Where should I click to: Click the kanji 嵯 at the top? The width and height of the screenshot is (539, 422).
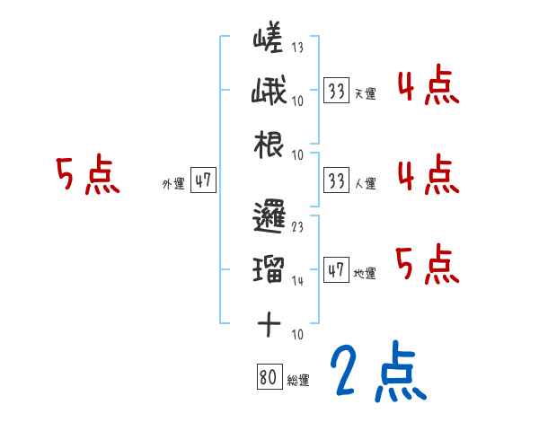[x=269, y=40]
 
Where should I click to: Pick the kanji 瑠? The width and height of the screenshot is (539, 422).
[x=269, y=268]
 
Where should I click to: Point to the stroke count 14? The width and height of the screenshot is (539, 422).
[x=296, y=280]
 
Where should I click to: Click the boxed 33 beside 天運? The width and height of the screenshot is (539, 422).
[x=336, y=90]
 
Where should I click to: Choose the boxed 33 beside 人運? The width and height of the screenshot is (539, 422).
[x=336, y=180]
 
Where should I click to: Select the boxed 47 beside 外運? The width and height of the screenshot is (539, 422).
[x=203, y=180]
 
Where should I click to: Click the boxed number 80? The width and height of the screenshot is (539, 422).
[x=268, y=377]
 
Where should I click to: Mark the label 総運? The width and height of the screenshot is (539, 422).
[x=298, y=381]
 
